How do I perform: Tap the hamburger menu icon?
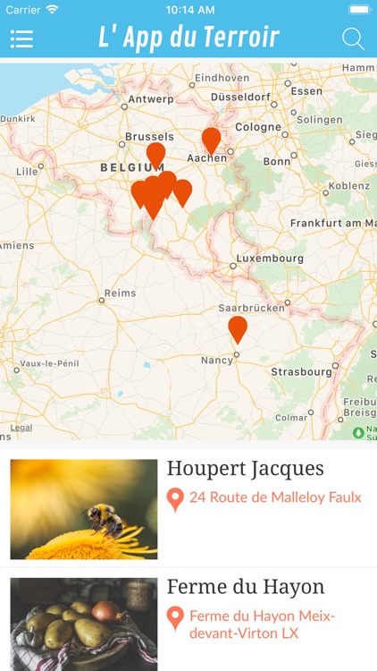coord(21,39)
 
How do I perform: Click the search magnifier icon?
coord(353,39)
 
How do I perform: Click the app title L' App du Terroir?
coord(188,38)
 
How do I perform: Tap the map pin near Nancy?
coord(238,328)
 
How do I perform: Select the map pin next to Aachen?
coord(211,140)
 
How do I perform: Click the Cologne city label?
coord(258,127)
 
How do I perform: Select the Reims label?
coord(120,293)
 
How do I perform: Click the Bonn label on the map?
coord(277,162)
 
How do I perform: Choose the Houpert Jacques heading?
coord(245,469)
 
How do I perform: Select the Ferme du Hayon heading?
coord(245,587)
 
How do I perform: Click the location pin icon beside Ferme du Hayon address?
coord(175,618)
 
